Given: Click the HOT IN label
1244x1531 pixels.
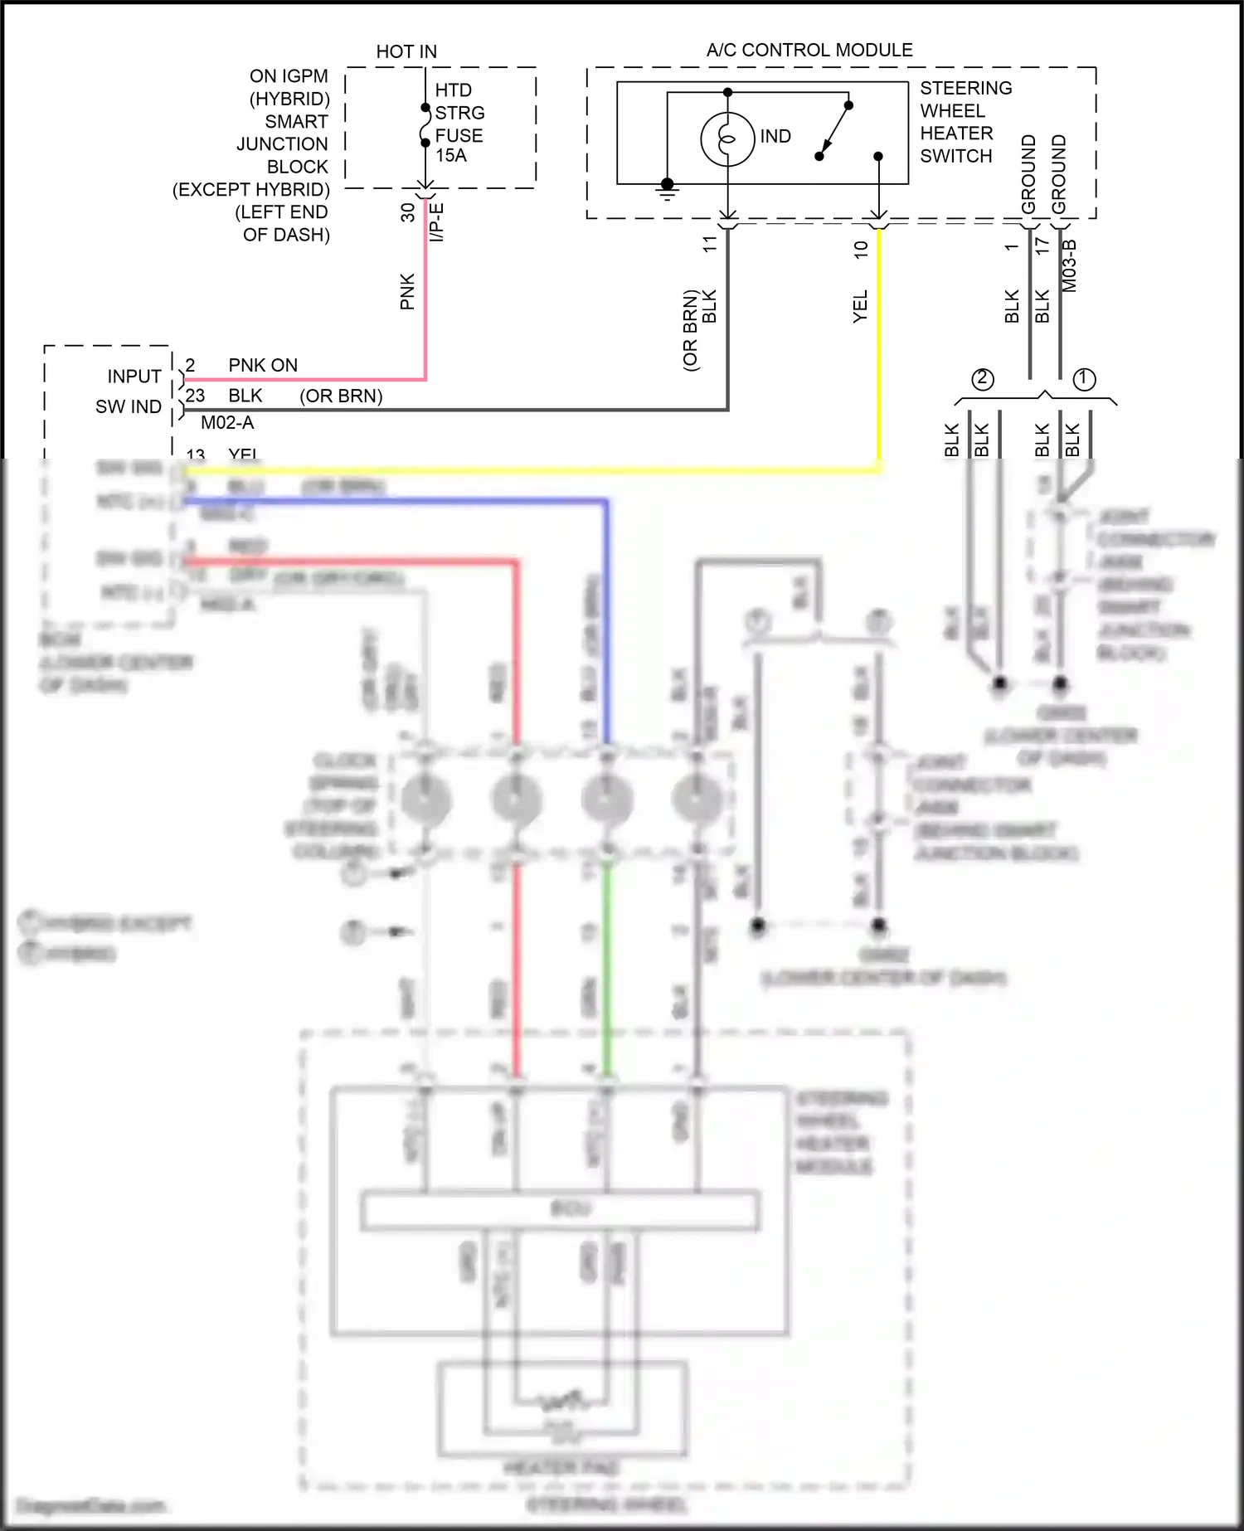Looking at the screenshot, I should coord(406,51).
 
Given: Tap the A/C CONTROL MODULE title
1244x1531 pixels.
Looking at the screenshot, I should coord(809,50).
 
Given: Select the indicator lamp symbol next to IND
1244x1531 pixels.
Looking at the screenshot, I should coord(727,139).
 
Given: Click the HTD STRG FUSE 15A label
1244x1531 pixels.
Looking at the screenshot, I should coord(459,123).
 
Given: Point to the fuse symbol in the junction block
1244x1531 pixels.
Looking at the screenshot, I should coord(425,125).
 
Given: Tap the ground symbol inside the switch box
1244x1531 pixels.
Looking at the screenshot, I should coord(667,190).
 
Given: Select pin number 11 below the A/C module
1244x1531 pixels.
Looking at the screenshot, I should coord(710,244).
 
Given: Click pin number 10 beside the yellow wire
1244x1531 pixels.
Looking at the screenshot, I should coord(861,248).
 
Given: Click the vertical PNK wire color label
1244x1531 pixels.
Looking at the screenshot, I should coord(407,291).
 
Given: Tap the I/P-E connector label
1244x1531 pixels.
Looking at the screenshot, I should coord(437,221).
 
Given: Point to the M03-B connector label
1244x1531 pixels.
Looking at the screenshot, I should coord(1069,265).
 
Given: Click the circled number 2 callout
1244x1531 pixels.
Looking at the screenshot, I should coord(983,379).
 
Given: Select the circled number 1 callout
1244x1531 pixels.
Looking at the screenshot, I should coord(1084,379).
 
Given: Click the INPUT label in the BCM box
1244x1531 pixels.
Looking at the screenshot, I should coord(134,377).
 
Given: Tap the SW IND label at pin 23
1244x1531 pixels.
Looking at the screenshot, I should coord(129,406).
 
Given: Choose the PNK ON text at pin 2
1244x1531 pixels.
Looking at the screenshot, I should coord(263,366).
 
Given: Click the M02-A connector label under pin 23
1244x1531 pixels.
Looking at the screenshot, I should coord(227,423).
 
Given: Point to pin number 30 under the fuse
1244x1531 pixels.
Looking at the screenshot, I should coord(407,212).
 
